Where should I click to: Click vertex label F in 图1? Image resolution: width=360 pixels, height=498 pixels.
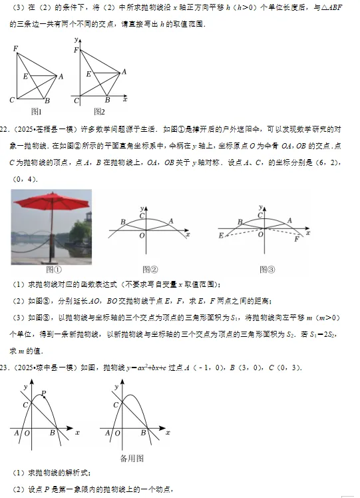[x=15, y=49]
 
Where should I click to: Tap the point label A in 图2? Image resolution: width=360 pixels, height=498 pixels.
[x=124, y=71]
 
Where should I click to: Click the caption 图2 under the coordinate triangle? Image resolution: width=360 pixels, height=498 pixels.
[x=99, y=111]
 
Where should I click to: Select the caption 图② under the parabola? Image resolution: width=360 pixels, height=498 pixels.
[x=150, y=270]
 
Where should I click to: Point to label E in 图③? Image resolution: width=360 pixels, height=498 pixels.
[x=221, y=235]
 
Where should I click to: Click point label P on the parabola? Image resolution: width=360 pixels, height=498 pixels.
[x=44, y=394]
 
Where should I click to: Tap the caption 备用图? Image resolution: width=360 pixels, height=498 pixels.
[x=132, y=458]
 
